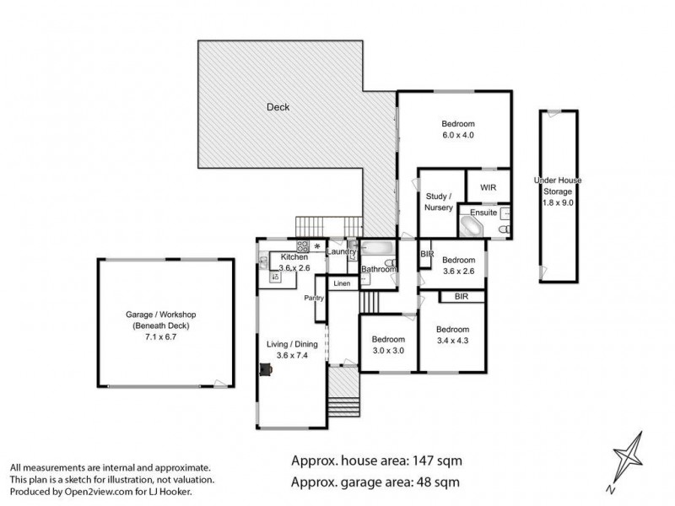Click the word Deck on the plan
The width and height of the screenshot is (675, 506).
coord(278,107)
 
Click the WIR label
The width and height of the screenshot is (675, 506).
coord(489,187)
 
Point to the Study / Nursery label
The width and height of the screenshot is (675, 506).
coord(440,202)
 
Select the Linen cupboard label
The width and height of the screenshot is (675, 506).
coord(341,283)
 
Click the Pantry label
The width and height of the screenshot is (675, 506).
coord(315,298)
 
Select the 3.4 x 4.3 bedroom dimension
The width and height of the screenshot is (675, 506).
coord(452,341)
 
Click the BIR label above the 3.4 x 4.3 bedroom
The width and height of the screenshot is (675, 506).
coord(462,297)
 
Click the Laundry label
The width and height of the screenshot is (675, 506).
coord(341,251)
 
